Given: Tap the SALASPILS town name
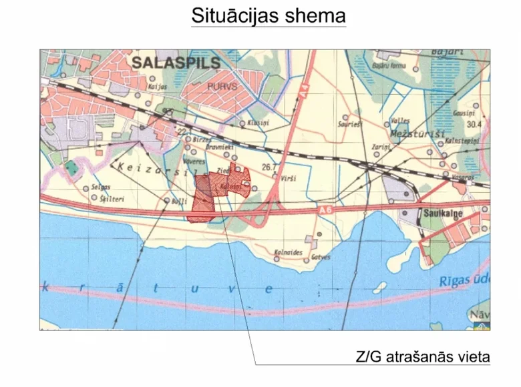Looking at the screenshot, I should pyautogui.click(x=176, y=63).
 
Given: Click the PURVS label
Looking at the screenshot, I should pyautogui.click(x=222, y=85).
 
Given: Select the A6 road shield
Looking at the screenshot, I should pyautogui.click(x=324, y=210).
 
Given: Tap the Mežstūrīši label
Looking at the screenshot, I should pyautogui.click(x=422, y=134).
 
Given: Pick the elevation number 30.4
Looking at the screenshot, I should pyautogui.click(x=474, y=124).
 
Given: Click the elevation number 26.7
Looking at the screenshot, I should pyautogui.click(x=270, y=167).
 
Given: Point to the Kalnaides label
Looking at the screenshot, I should pyautogui.click(x=289, y=253).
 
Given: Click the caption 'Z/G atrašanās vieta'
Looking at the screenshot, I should pyautogui.click(x=423, y=357).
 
